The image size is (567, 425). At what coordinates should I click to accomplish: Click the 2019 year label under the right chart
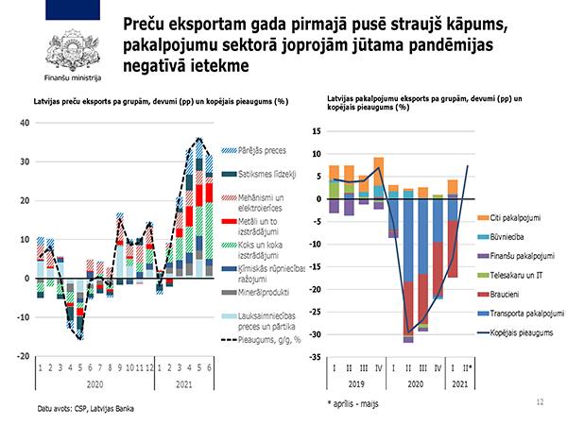coord(356,384)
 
